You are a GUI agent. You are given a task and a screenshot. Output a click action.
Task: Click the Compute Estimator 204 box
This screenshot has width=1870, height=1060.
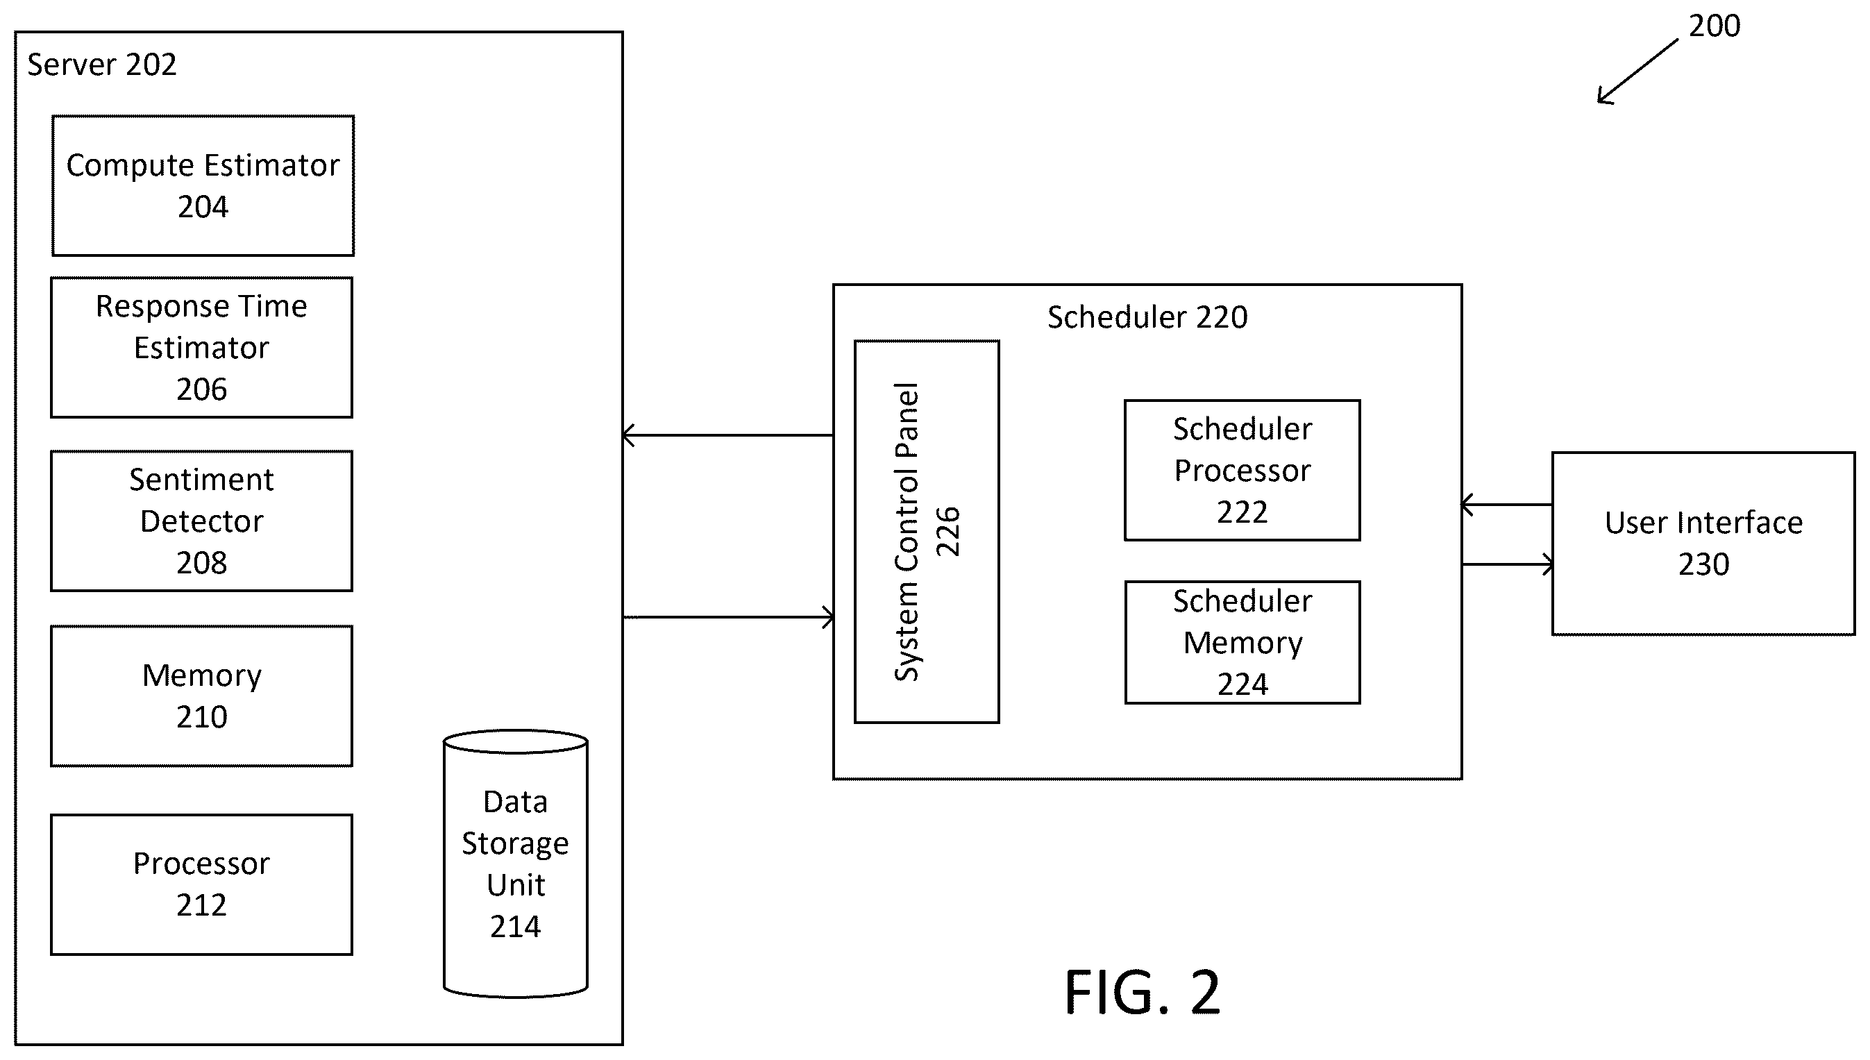(x=203, y=185)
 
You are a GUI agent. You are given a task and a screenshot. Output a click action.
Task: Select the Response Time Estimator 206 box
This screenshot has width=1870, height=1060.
(x=201, y=347)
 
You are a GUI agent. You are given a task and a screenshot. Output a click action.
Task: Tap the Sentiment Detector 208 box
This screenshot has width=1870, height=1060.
(x=201, y=521)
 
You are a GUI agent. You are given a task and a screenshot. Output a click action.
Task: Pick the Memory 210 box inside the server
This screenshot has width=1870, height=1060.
(x=201, y=696)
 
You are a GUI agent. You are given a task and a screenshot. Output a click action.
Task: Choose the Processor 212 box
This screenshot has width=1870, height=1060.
(x=201, y=884)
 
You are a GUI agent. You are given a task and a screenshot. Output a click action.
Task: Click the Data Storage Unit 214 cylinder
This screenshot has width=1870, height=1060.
(x=515, y=864)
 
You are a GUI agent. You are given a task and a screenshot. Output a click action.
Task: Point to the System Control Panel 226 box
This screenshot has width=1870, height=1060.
(x=927, y=532)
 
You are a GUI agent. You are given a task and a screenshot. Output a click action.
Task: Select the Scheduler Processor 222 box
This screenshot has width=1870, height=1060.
(x=1242, y=471)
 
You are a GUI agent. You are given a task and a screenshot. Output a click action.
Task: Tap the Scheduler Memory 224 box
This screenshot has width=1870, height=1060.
(x=1242, y=642)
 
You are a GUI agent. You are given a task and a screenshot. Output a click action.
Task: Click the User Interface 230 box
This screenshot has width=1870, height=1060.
(x=1703, y=544)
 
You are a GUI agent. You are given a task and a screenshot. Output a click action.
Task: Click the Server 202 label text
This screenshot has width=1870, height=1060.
(x=102, y=65)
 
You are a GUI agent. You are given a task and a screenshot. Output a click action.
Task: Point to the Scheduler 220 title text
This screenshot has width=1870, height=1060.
(x=1147, y=317)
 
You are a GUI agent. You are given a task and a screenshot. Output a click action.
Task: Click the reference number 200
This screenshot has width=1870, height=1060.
(x=1715, y=26)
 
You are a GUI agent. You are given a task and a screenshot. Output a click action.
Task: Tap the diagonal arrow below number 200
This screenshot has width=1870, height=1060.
(x=1637, y=71)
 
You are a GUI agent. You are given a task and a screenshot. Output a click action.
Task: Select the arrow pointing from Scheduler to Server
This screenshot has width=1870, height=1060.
(x=728, y=435)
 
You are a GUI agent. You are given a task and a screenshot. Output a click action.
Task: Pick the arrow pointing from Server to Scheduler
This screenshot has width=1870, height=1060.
(x=729, y=617)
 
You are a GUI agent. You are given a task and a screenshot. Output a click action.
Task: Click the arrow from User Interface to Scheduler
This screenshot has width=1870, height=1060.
(x=1507, y=505)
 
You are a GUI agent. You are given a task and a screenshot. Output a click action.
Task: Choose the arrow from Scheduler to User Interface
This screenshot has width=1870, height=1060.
(x=1508, y=564)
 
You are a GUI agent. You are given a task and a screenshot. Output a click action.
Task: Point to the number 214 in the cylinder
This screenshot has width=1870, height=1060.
(x=515, y=927)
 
